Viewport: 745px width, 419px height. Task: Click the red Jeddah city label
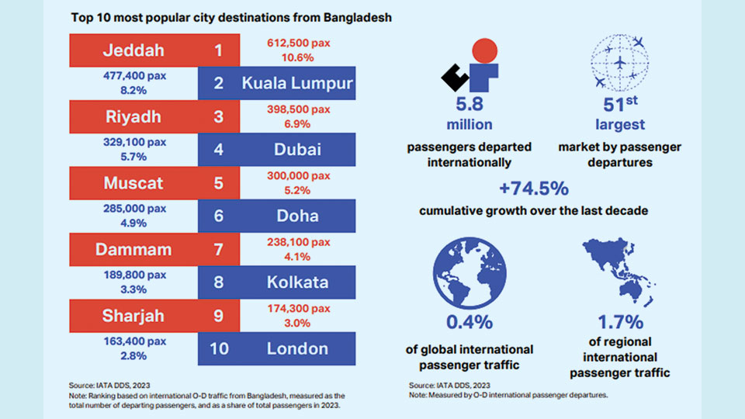133,51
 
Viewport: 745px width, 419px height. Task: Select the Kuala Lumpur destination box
297,84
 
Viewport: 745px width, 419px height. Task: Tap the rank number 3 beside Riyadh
218,116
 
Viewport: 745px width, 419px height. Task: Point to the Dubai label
297,149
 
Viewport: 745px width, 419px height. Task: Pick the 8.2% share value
135,90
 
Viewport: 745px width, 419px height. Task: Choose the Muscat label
133,184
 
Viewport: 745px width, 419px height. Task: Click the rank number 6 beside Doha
218,216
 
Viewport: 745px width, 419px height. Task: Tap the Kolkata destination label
297,282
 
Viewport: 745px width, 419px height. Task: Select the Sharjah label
133,316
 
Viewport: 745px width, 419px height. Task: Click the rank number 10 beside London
219,348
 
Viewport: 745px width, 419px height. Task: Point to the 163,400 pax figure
135,341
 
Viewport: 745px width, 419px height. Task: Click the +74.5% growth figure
534,189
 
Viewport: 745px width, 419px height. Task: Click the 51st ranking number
619,105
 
